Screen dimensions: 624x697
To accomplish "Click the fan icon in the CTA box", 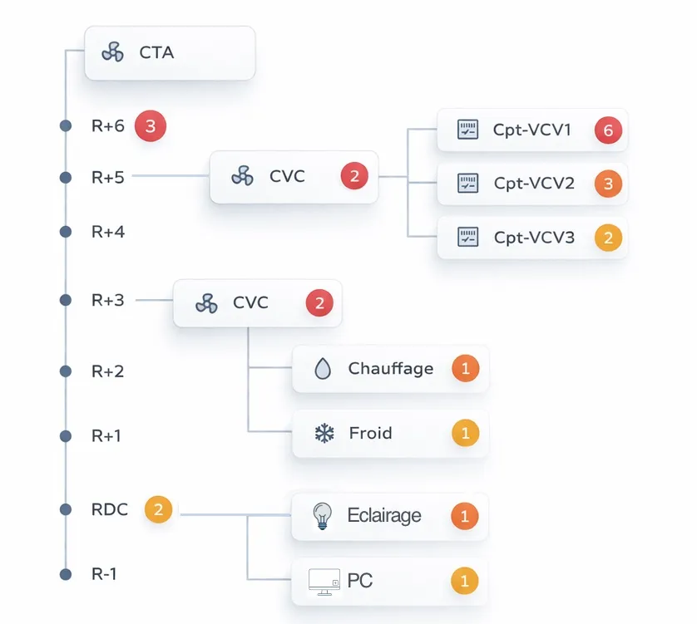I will pyautogui.click(x=113, y=52).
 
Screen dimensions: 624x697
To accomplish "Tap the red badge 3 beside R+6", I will pyautogui.click(x=151, y=126).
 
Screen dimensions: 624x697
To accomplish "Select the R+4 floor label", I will pyautogui.click(x=108, y=232).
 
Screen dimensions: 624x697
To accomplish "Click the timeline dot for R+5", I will pyautogui.click(x=66, y=177).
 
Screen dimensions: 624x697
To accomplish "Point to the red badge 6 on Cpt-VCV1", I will pyautogui.click(x=608, y=130).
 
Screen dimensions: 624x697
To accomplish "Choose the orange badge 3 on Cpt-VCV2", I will pyautogui.click(x=608, y=184).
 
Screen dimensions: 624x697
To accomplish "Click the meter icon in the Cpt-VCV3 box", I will pyautogui.click(x=469, y=238).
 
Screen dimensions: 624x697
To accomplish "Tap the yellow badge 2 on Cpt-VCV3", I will pyautogui.click(x=608, y=238).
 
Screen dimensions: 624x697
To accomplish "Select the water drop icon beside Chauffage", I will pyautogui.click(x=323, y=369).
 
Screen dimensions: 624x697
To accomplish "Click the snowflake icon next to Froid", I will pyautogui.click(x=323, y=433).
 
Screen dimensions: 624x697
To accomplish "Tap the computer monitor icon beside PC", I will pyautogui.click(x=324, y=581).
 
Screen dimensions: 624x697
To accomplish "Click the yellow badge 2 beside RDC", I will pyautogui.click(x=158, y=509).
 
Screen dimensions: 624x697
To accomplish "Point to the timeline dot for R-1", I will pyautogui.click(x=66, y=574).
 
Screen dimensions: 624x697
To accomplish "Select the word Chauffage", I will pyautogui.click(x=391, y=368).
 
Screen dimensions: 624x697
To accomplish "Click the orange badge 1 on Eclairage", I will pyautogui.click(x=465, y=516).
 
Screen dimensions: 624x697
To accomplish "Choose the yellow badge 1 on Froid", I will pyautogui.click(x=465, y=433).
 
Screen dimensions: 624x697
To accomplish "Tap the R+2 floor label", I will pyautogui.click(x=108, y=371).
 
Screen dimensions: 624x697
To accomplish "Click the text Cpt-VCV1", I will pyautogui.click(x=532, y=130).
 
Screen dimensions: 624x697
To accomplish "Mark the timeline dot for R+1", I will pyautogui.click(x=66, y=436).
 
